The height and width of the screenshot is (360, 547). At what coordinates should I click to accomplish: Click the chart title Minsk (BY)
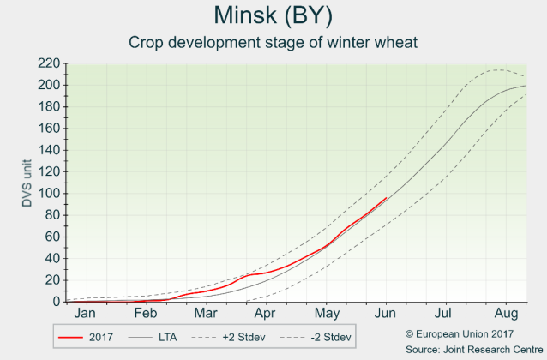click(x=273, y=16)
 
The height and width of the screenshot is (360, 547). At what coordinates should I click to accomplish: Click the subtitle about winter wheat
click(x=273, y=42)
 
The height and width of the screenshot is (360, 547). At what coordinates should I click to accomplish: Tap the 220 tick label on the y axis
click(x=49, y=63)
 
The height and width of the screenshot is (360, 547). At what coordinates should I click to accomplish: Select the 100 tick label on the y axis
click(x=49, y=194)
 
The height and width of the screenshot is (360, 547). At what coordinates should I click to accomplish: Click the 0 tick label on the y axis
click(x=56, y=302)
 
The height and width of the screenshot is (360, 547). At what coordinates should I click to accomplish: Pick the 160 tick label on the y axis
click(x=49, y=129)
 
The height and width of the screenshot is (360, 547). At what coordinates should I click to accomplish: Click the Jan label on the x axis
click(x=83, y=314)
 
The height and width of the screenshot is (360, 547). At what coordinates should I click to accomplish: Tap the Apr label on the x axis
click(x=264, y=314)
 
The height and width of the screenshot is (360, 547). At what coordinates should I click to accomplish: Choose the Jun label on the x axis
click(x=386, y=314)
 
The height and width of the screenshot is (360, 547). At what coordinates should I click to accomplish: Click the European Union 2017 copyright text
click(x=459, y=333)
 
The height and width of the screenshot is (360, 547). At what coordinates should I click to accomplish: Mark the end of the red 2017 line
click(x=388, y=197)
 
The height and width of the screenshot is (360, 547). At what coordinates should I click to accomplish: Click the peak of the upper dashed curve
click(x=496, y=69)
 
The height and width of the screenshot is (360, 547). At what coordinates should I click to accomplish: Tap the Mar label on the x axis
click(x=204, y=314)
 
